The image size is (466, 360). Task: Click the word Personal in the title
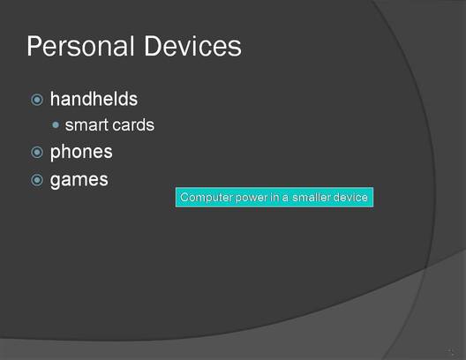coord(80,46)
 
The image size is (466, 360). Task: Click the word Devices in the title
coord(193,46)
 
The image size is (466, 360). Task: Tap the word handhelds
coord(94,99)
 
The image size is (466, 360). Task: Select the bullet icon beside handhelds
coord(37,100)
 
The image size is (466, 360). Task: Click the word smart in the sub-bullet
coord(86,125)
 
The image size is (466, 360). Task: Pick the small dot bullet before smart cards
coord(56,124)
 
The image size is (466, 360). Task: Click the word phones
coord(81,153)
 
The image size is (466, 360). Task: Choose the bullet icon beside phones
coord(37,153)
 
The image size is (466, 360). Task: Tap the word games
coord(79,181)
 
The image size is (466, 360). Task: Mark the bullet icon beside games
coord(37,180)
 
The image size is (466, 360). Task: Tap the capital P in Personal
coord(34,46)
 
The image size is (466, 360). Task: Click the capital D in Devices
coord(153,46)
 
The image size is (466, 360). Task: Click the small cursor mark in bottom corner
coord(451,352)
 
